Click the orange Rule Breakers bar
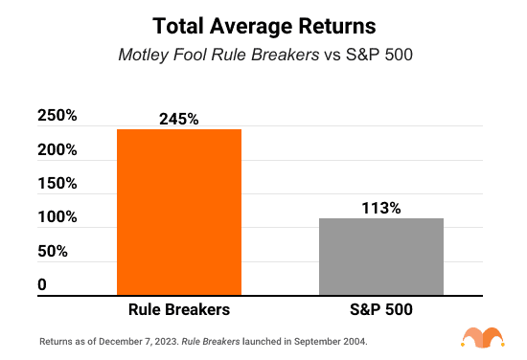[179, 212]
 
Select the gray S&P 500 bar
[380, 256]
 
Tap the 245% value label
[179, 119]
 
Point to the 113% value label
[380, 208]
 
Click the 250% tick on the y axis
[57, 117]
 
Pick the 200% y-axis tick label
[57, 150]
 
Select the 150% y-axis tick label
[57, 184]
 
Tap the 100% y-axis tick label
[57, 217]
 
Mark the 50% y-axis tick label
[52, 251]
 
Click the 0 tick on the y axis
[42, 284]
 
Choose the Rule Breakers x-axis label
[179, 311]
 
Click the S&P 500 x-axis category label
[380, 311]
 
